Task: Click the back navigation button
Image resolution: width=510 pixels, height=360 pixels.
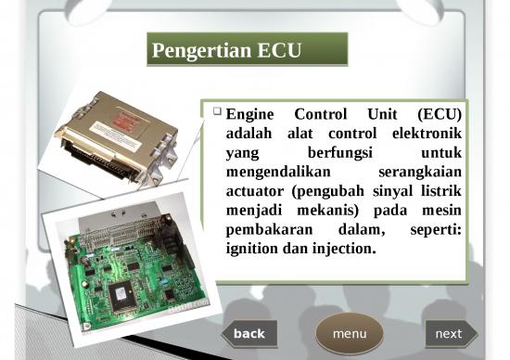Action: pos(249,334)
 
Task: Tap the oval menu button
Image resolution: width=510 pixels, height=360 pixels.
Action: pos(350,334)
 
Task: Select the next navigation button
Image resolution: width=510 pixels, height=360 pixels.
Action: pos(449,334)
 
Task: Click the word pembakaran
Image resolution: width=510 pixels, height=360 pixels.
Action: pos(265,229)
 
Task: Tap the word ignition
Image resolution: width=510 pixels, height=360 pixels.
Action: pos(253,249)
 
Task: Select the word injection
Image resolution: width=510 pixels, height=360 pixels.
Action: pos(343,249)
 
